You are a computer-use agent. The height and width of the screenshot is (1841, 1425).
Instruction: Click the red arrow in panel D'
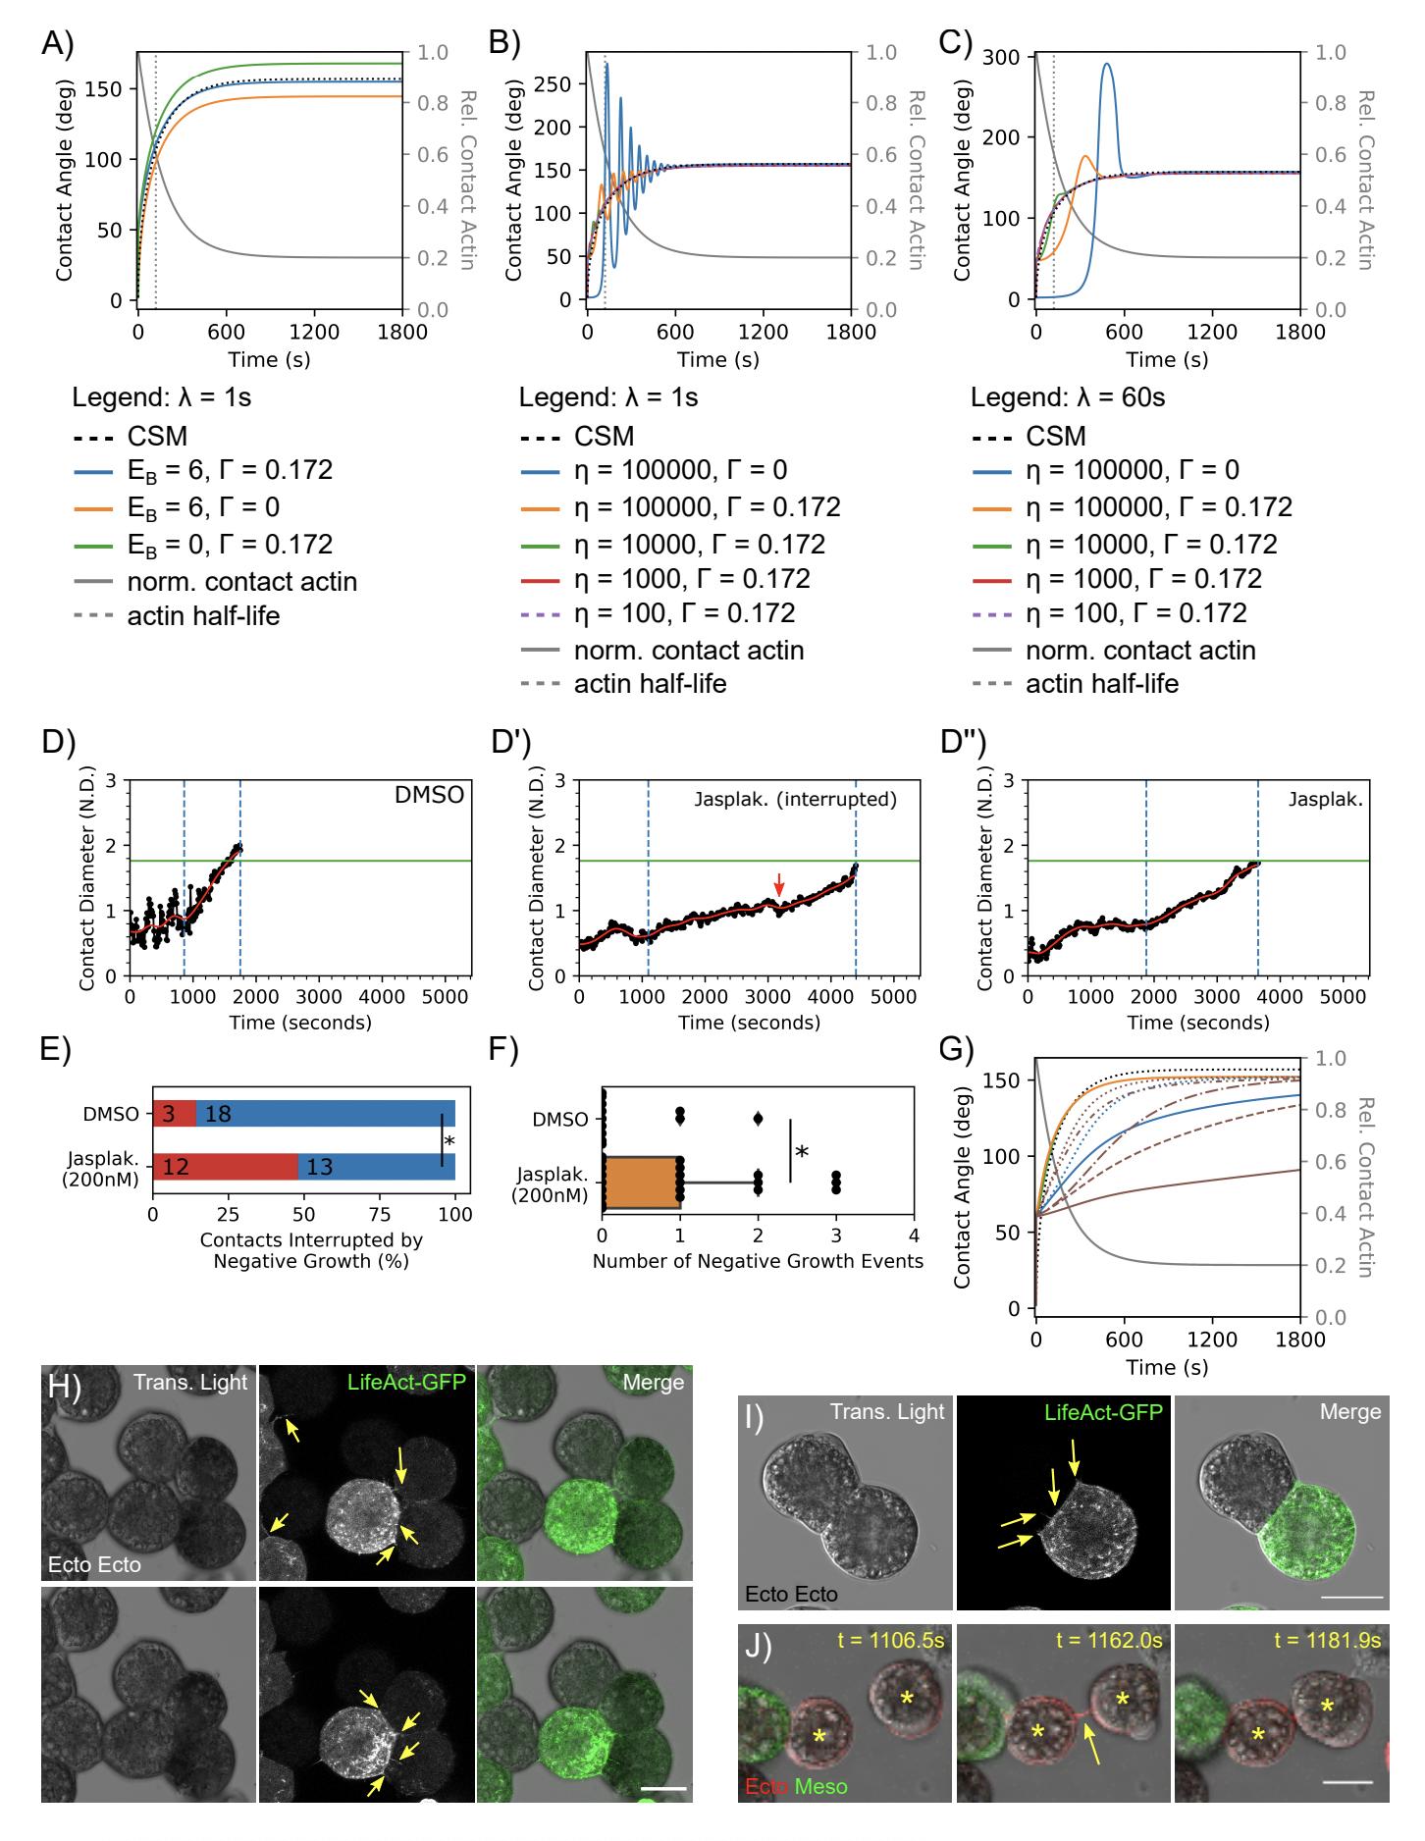pos(778,882)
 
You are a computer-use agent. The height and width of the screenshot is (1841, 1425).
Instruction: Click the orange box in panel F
pos(641,1183)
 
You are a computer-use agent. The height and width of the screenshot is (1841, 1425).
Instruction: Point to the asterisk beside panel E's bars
pos(449,1141)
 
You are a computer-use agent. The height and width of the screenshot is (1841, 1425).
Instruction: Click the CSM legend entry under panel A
pos(157,437)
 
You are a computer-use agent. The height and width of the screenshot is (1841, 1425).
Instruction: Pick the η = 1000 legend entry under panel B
pos(692,579)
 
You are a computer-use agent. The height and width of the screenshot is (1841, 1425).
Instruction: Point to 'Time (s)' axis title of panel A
pos(269,359)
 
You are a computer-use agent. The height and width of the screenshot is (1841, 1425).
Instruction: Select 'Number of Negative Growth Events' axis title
pos(758,1261)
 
